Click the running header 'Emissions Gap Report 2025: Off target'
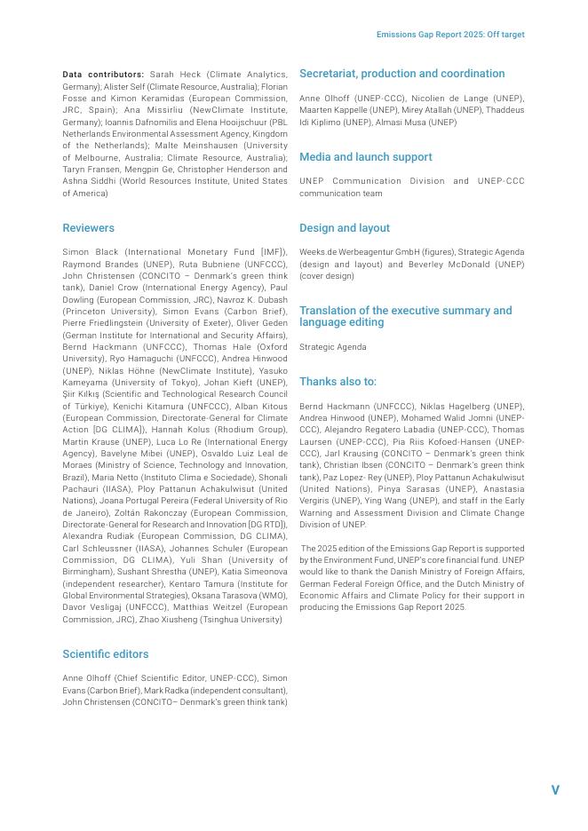[450, 35]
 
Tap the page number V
[555, 790]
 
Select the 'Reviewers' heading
[88, 228]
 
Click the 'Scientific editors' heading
[105, 654]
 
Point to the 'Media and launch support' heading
[365, 157]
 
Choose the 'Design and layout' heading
[344, 228]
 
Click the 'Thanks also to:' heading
[338, 382]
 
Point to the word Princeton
[85, 312]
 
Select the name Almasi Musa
[431, 122]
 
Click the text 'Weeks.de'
[319, 252]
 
